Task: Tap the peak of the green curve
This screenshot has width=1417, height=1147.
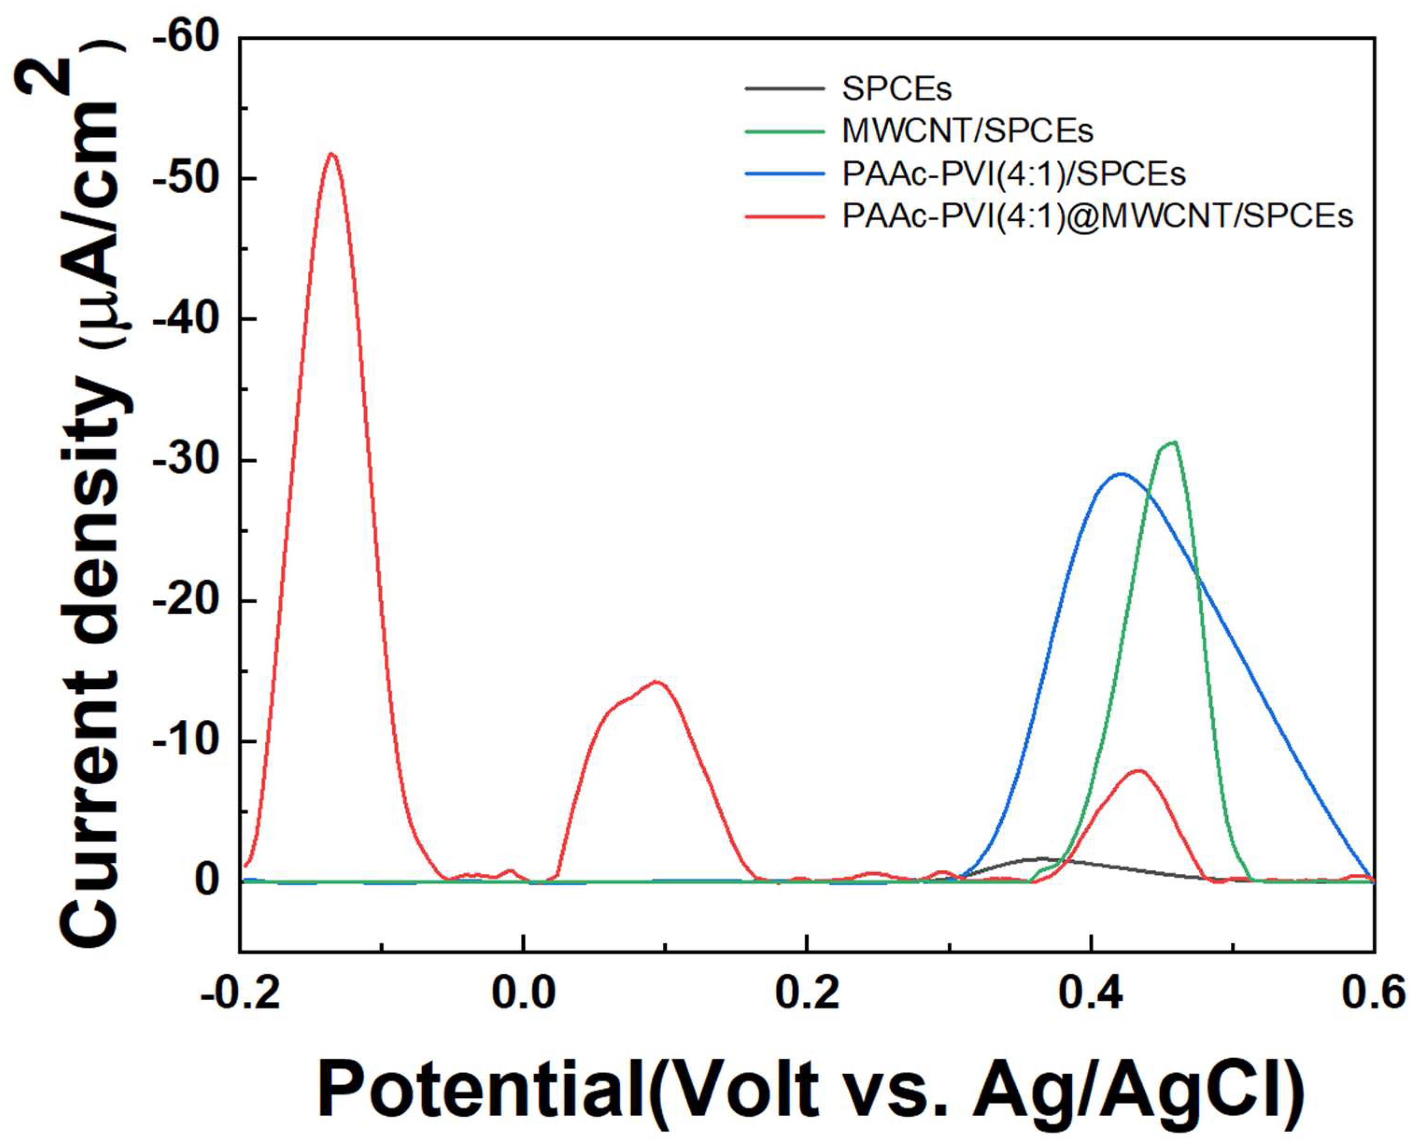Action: click(1173, 443)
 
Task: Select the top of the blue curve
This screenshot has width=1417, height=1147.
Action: click(1121, 474)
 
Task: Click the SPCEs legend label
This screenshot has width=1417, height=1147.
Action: click(896, 89)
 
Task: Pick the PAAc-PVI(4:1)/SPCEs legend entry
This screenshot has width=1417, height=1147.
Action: click(1013, 174)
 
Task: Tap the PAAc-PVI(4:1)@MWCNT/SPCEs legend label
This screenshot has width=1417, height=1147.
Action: click(1097, 216)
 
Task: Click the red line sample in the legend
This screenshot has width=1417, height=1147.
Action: click(785, 217)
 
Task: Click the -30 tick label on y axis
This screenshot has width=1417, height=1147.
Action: click(186, 460)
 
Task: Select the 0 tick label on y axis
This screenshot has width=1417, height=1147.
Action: click(207, 882)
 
